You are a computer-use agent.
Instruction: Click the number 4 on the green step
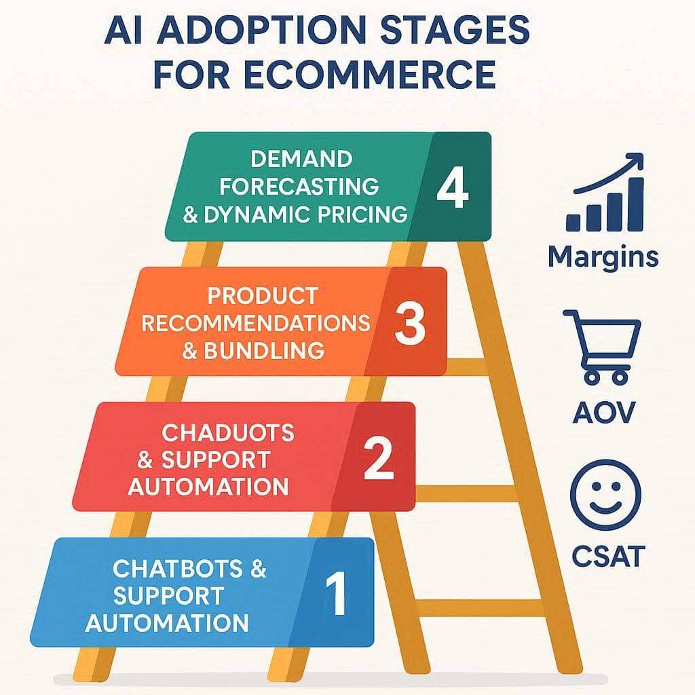pyautogui.click(x=453, y=187)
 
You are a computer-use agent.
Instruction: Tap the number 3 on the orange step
pyautogui.click(x=409, y=323)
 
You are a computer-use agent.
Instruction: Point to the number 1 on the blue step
pyautogui.click(x=337, y=593)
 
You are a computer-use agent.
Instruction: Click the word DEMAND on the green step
pyautogui.click(x=301, y=159)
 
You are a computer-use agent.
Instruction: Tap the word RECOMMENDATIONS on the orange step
pyautogui.click(x=256, y=323)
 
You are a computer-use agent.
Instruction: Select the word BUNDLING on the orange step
pyautogui.click(x=264, y=351)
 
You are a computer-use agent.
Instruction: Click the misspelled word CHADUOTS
pyautogui.click(x=228, y=432)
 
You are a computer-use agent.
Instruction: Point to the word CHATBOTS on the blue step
pyautogui.click(x=178, y=569)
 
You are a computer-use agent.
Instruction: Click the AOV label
pyautogui.click(x=603, y=413)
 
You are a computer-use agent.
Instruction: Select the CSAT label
pyautogui.click(x=607, y=557)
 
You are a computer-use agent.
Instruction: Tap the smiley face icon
pyautogui.click(x=605, y=495)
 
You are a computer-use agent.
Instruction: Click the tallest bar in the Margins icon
pyautogui.click(x=637, y=205)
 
